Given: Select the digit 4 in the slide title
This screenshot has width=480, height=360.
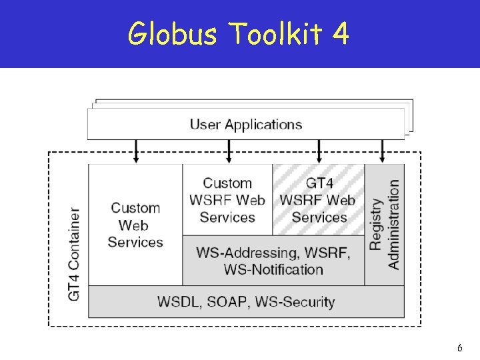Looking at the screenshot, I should click(x=340, y=34).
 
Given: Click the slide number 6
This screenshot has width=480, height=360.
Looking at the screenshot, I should click(x=460, y=348).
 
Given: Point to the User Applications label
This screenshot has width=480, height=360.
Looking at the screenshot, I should click(x=245, y=125).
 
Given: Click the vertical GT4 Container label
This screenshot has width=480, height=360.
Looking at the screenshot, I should click(x=74, y=254).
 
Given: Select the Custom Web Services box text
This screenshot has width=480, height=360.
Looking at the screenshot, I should click(x=135, y=225).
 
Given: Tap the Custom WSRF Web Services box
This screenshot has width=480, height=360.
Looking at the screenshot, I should click(x=227, y=200).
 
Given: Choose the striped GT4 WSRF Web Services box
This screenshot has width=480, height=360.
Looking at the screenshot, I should click(x=319, y=200).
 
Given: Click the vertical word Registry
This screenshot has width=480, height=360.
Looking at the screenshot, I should click(x=376, y=224).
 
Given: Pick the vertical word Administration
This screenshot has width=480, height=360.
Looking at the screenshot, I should click(x=393, y=224).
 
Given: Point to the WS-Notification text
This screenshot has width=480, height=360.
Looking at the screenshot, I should click(x=273, y=269).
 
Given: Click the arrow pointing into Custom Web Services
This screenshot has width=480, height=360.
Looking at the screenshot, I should click(x=137, y=151).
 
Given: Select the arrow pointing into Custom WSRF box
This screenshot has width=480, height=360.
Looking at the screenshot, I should click(x=229, y=151).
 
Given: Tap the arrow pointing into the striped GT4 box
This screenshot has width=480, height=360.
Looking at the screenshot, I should click(x=319, y=151).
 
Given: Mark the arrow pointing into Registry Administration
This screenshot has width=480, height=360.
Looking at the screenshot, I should click(x=382, y=151).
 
